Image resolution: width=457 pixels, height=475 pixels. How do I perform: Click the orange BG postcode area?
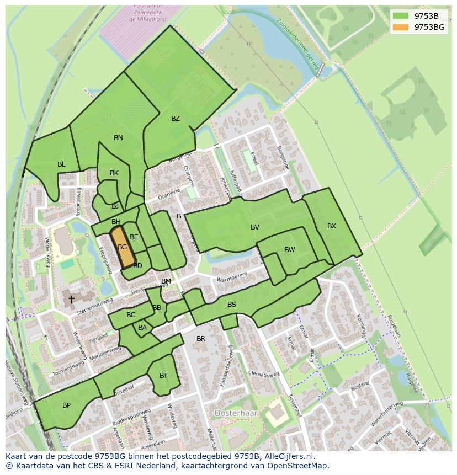point(123,248)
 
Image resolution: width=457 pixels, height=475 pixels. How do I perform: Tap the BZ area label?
point(176,119)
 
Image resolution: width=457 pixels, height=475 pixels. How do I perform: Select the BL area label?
point(61,164)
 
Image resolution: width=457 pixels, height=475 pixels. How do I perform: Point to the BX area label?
point(331,226)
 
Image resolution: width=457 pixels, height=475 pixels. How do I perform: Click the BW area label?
point(289,250)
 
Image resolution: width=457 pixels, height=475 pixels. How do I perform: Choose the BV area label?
point(254,227)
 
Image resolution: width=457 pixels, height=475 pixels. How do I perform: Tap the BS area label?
point(232,305)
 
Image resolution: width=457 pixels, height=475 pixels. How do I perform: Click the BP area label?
point(66,405)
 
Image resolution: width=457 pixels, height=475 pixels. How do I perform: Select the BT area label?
point(163,376)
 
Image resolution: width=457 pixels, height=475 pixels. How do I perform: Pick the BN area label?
point(118,138)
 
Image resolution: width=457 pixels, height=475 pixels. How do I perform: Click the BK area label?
point(114,173)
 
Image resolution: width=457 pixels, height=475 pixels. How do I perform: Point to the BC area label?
point(131,316)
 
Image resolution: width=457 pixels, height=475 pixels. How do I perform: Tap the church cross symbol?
point(71,300)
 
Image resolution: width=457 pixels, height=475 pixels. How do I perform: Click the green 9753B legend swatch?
point(401,16)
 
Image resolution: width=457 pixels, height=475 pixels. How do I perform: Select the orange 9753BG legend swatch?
point(401,26)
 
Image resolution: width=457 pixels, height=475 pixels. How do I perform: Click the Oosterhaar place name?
point(234,413)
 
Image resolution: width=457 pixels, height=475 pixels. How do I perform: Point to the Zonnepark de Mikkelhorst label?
point(147,14)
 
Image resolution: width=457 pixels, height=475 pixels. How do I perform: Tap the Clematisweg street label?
point(264,374)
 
